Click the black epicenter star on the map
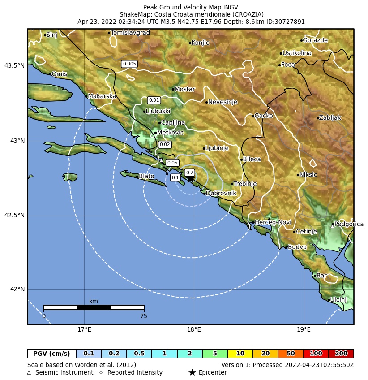tap(190, 179)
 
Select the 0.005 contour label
tap(129, 64)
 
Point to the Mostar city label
tap(184, 89)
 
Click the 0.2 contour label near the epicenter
tap(189, 173)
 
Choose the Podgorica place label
tap(349, 224)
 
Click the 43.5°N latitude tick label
tap(14, 66)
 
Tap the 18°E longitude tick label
tap(194, 331)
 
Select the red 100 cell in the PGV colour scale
tap(316, 354)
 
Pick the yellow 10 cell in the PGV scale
tap(240, 354)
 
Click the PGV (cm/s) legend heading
tap(51, 354)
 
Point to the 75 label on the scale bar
tap(143, 316)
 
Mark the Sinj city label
tap(51, 35)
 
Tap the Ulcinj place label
tap(338, 299)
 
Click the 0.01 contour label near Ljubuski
tap(154, 100)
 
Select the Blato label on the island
tap(146, 177)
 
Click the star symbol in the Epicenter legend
tap(192, 372)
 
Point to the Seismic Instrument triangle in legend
tap(29, 372)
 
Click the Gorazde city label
tap(315, 40)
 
